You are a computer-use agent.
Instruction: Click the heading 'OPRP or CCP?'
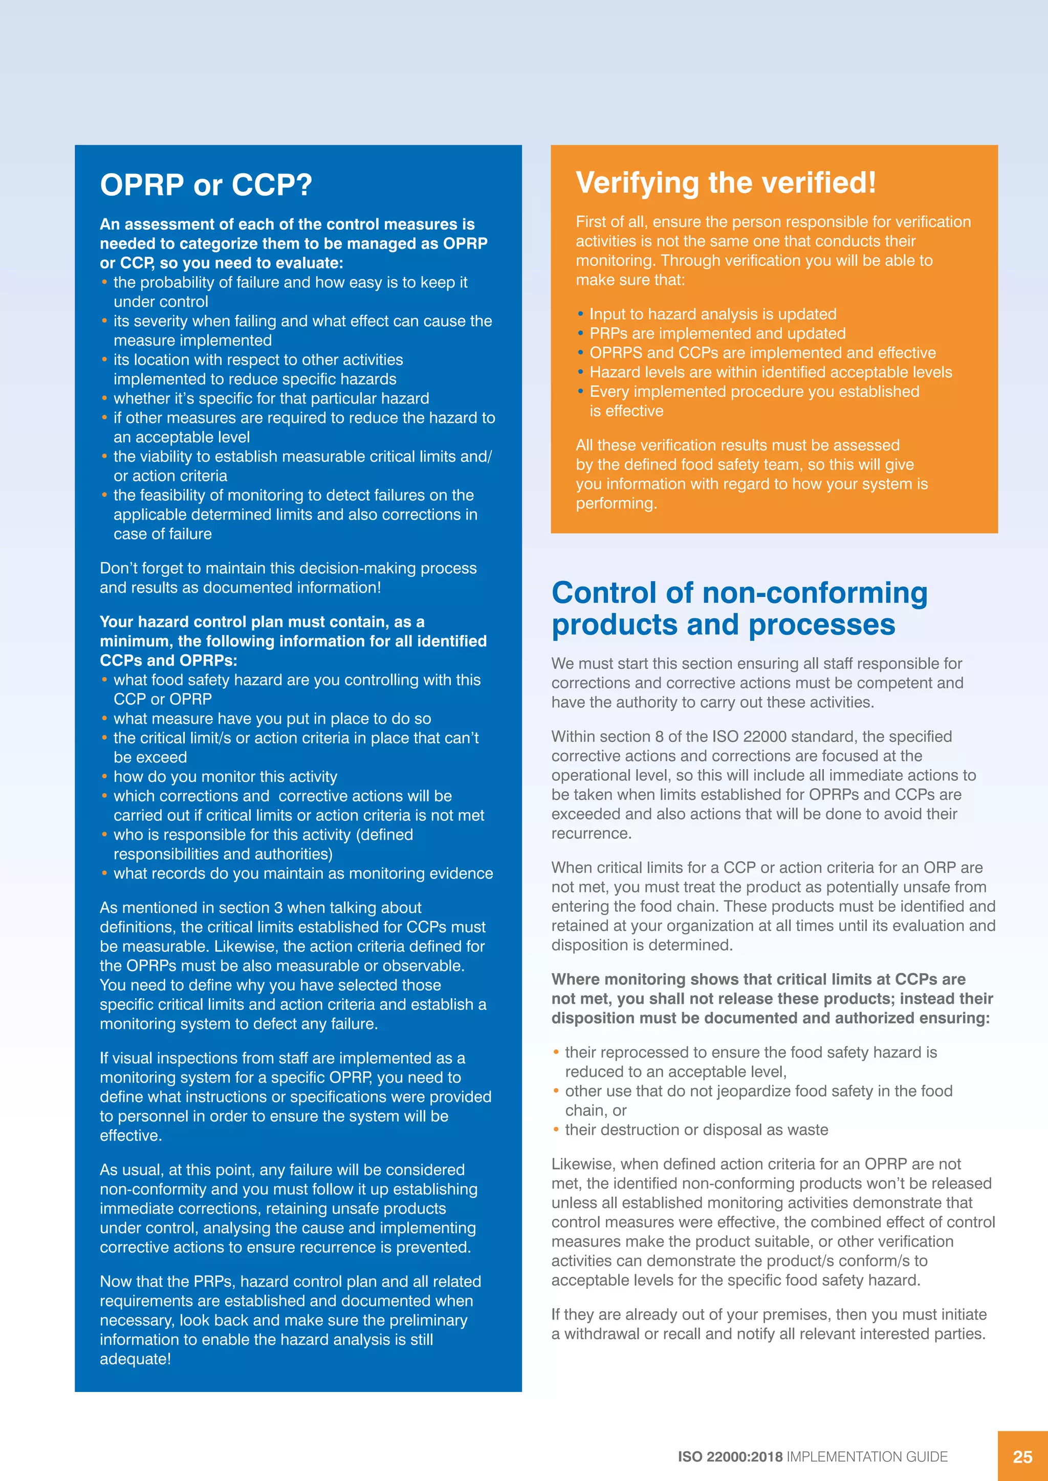tap(206, 185)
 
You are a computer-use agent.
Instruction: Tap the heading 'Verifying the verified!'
tap(725, 183)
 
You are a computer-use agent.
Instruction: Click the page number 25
tap(1022, 1456)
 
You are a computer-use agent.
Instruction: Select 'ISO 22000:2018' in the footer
tap(729, 1456)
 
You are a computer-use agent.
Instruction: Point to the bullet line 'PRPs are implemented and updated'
tap(717, 333)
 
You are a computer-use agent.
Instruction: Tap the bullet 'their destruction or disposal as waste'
tap(696, 1130)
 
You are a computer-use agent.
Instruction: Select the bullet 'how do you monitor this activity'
tap(225, 777)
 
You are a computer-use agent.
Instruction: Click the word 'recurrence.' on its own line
tap(591, 834)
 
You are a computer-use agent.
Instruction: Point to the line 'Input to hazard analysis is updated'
tap(712, 314)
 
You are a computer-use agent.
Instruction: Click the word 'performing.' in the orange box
tap(616, 503)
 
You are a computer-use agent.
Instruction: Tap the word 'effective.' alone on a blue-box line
tap(130, 1135)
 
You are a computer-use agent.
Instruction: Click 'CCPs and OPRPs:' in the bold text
tap(168, 661)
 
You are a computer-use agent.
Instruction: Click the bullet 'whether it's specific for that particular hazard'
tap(271, 398)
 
